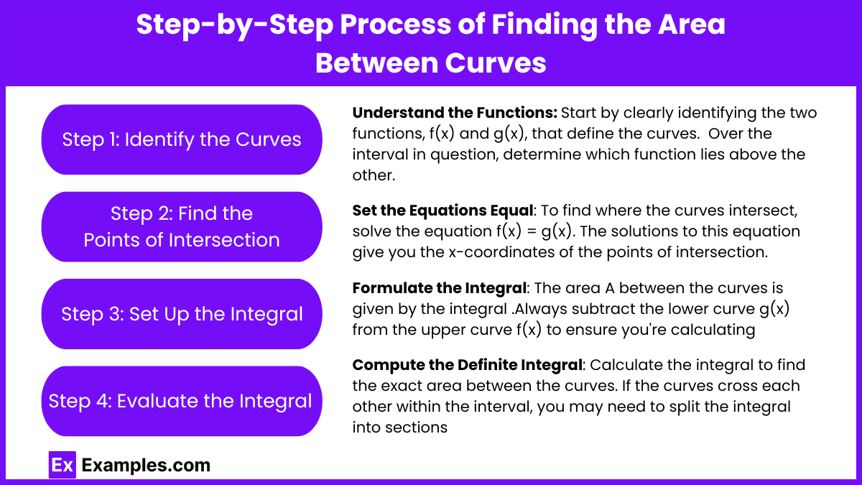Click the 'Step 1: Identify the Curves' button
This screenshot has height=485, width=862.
pos(182,139)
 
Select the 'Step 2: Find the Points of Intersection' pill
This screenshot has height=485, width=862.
pos(182,227)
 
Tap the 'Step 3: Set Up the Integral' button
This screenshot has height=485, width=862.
pos(182,314)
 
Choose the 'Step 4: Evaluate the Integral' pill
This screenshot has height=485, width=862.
pos(182,401)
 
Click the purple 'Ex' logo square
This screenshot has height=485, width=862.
pos(62,465)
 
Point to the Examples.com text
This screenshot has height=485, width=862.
pos(146,465)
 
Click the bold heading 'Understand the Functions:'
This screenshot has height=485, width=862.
pos(455,113)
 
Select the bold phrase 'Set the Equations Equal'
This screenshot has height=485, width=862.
pos(442,211)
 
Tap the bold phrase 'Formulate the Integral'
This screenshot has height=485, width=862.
pos(439,288)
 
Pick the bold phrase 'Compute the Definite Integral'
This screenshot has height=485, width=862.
pos(467,365)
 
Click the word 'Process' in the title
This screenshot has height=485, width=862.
pos(396,24)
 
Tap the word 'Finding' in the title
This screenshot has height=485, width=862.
pos(544,25)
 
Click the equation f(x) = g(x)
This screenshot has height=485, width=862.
pos(534,231)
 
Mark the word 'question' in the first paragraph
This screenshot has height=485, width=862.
pos(463,154)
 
